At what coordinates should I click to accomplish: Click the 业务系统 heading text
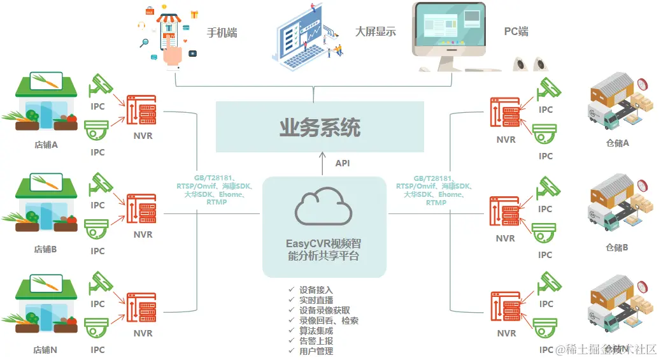click(x=320, y=127)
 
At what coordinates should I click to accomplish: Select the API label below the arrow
click(x=343, y=164)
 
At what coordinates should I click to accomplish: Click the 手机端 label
click(x=222, y=32)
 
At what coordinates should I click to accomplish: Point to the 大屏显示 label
click(x=375, y=31)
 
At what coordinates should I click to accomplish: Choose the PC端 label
click(x=516, y=31)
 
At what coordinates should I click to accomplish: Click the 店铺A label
click(x=46, y=145)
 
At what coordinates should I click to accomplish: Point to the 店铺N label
click(x=46, y=350)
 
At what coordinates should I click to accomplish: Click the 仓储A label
click(x=617, y=143)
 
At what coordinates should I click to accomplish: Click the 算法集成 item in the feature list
click(x=316, y=331)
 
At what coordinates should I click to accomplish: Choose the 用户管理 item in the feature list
click(x=316, y=351)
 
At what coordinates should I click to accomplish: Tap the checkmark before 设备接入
click(x=291, y=290)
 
